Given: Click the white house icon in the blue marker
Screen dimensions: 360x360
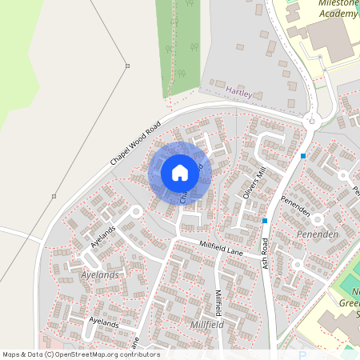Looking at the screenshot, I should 180,173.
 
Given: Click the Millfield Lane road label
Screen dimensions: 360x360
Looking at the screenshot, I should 221,250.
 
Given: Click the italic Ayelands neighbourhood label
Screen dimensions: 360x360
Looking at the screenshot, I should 100,274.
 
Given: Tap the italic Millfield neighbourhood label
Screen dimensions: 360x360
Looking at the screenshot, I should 207,326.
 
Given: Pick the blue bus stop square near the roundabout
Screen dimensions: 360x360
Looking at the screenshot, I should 303,155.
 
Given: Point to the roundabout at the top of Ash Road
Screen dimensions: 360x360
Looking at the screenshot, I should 311,121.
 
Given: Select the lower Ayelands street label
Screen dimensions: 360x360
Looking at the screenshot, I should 104,321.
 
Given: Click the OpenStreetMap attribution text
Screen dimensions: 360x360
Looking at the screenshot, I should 81,354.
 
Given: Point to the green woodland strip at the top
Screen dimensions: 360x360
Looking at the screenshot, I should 183,40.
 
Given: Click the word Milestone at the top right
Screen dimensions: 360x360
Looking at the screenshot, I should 335,3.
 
